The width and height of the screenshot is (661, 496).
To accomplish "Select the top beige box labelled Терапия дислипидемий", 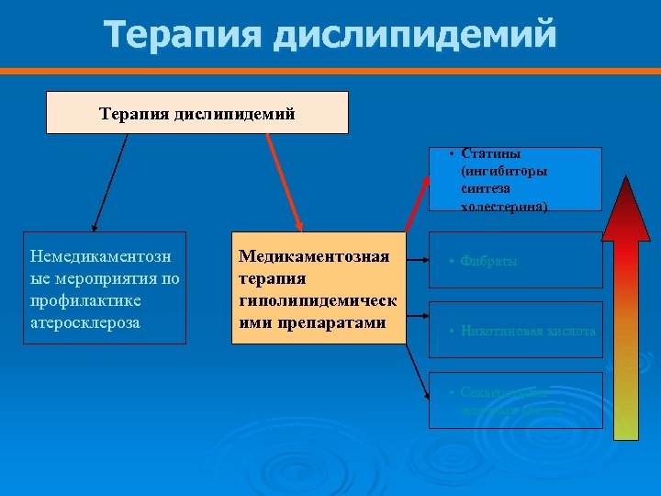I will [197, 113].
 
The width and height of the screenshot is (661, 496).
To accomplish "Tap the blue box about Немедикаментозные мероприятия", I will [106, 287].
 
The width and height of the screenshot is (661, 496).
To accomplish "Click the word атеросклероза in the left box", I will [85, 323].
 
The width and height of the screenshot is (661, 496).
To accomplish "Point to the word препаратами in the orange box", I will [313, 323].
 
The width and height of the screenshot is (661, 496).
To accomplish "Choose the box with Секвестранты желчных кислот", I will [515, 400].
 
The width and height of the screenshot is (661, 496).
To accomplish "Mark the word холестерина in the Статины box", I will [504, 207].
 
